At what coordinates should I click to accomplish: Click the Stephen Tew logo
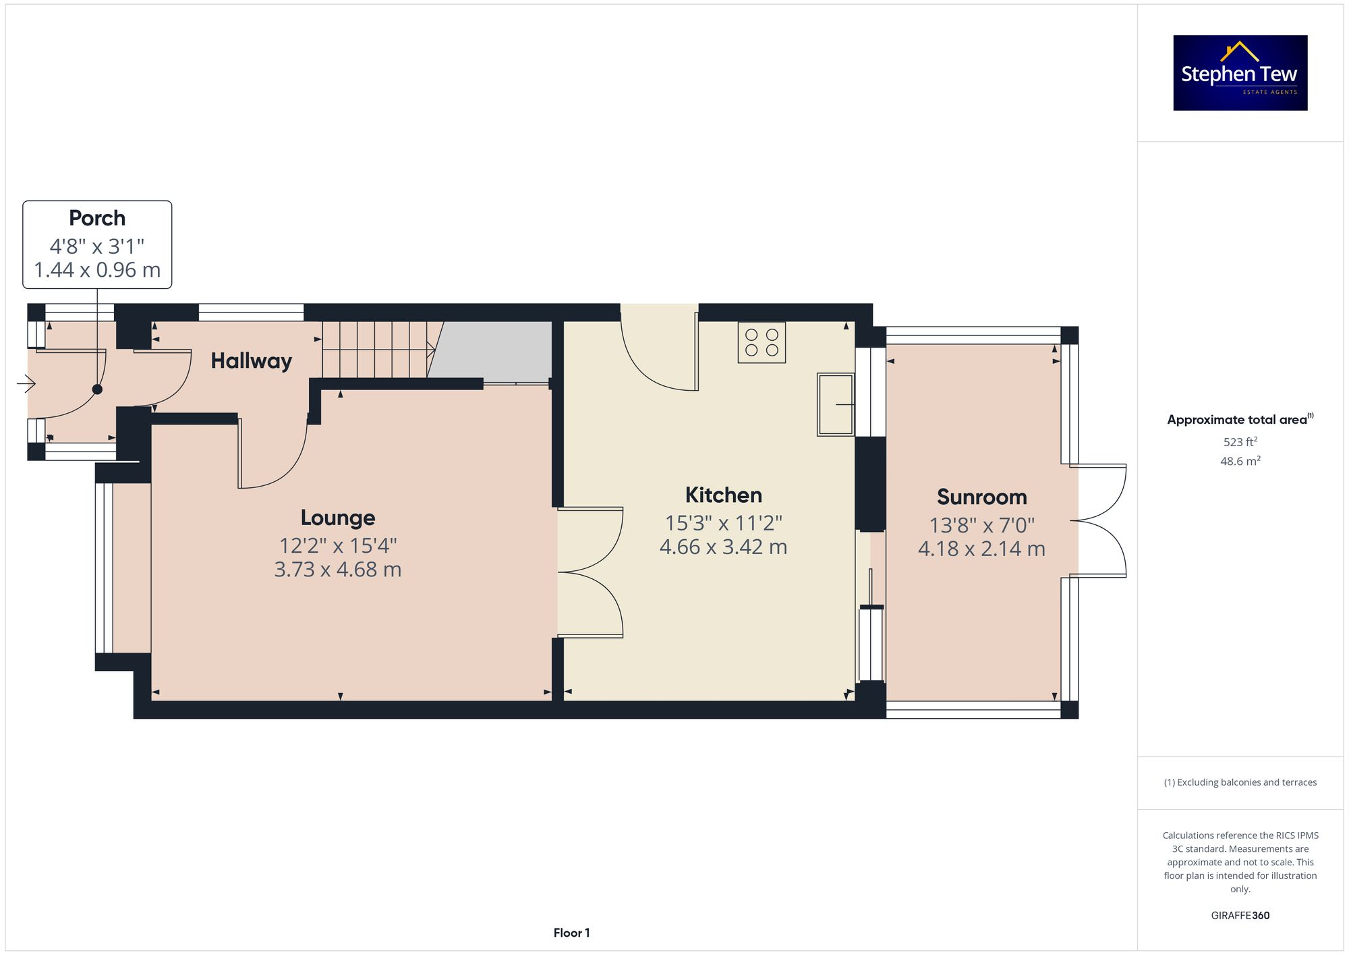(1240, 73)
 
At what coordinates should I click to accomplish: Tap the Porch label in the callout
(97, 218)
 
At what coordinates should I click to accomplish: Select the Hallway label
(251, 361)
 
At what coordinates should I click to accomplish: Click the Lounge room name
(337, 518)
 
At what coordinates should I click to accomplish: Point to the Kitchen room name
(723, 495)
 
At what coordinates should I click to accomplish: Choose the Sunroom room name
(981, 497)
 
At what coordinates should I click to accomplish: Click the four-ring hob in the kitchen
(762, 343)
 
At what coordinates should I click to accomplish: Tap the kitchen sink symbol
(835, 404)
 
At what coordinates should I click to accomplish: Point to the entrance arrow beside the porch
(26, 384)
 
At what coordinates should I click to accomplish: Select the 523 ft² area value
(1240, 442)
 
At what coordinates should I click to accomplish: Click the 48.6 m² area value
(1240, 461)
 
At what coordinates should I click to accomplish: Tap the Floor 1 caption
(571, 933)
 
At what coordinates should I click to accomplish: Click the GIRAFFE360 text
(1240, 915)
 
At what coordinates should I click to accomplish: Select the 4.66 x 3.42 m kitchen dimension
(723, 547)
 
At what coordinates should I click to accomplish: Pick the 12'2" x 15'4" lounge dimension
(337, 545)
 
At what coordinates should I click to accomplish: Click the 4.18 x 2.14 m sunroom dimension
(981, 549)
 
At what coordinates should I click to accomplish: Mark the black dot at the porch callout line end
(97, 389)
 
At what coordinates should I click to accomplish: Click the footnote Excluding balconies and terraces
(1240, 782)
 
